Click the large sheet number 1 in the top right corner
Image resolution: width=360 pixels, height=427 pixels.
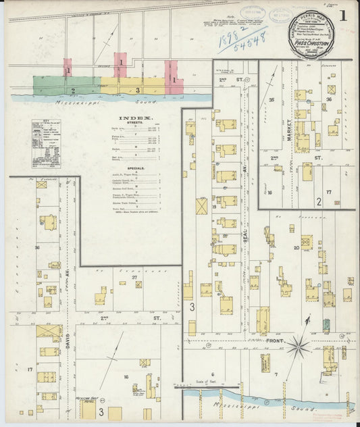click(x=345, y=14)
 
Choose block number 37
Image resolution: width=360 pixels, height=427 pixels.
click(x=135, y=277)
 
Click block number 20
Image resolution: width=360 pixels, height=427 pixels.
click(x=296, y=247)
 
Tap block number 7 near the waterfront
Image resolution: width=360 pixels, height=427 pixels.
click(x=276, y=374)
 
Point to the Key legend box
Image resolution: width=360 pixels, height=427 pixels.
click(x=46, y=143)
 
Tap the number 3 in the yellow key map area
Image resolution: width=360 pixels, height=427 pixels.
click(x=137, y=89)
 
